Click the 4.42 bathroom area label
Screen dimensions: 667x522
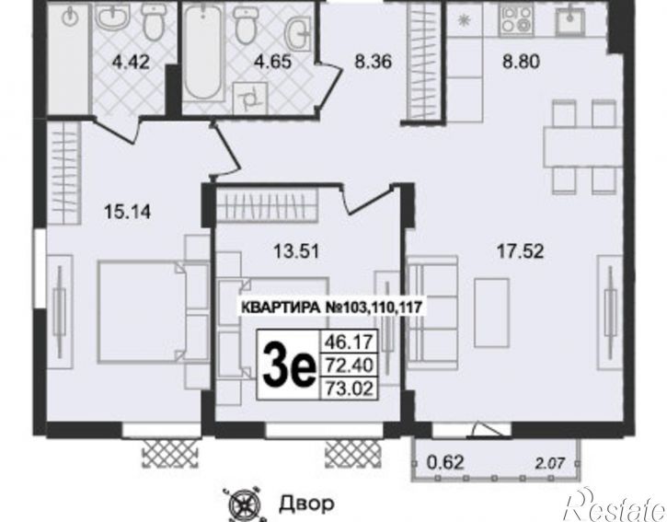pyautogui.click(x=131, y=63)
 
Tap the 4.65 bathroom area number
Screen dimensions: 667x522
pyautogui.click(x=272, y=62)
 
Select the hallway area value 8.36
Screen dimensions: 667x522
pyautogui.click(x=374, y=62)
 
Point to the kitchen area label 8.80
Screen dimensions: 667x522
pyautogui.click(x=521, y=62)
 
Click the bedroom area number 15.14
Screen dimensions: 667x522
pyautogui.click(x=127, y=211)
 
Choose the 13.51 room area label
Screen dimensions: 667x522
pyautogui.click(x=296, y=251)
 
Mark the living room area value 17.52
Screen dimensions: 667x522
pyautogui.click(x=520, y=251)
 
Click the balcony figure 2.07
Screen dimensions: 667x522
pyautogui.click(x=550, y=463)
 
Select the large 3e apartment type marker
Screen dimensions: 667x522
pyautogui.click(x=289, y=365)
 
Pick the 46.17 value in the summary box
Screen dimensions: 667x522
pyautogui.click(x=349, y=342)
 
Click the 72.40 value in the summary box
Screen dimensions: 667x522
pyautogui.click(x=349, y=365)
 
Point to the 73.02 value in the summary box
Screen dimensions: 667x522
pyautogui.click(x=349, y=388)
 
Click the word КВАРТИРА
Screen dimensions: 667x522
pyautogui.click(x=281, y=307)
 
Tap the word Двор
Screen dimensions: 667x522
pyautogui.click(x=306, y=505)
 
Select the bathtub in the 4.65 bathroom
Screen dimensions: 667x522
pyautogui.click(x=202, y=52)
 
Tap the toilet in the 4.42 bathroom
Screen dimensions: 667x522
pyautogui.click(x=154, y=24)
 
